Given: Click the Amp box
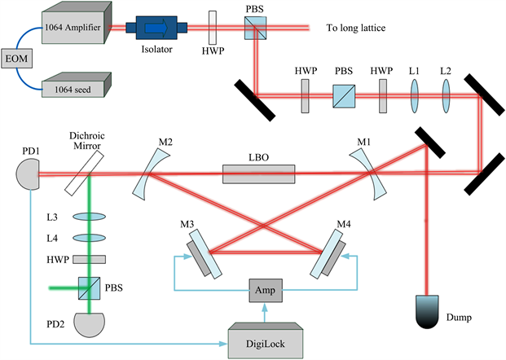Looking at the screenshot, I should [x=265, y=291].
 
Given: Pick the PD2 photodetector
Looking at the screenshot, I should [x=93, y=323].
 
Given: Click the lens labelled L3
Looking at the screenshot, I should [x=92, y=217].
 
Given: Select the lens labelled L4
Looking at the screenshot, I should [x=92, y=238].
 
